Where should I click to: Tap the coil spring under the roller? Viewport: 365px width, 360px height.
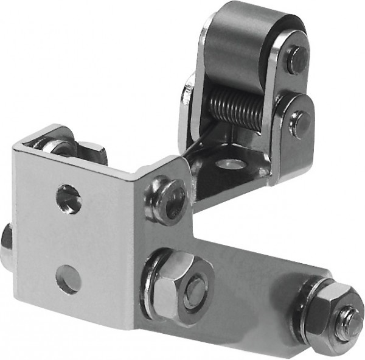234,107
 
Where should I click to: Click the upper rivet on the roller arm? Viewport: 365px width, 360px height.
296,58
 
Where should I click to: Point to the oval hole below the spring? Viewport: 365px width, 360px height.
232,163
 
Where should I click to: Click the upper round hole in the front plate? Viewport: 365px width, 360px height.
69,199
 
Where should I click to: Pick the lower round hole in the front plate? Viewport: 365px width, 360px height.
68,279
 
